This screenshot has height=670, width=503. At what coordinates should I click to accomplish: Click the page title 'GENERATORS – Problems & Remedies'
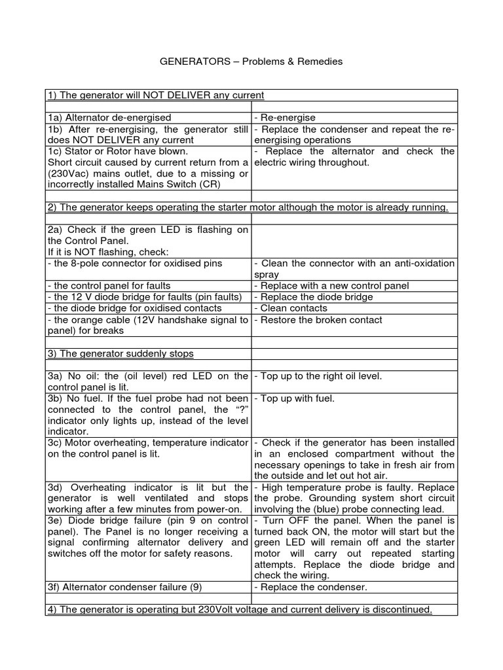(251, 62)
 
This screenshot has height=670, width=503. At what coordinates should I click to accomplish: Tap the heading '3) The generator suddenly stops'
(121, 353)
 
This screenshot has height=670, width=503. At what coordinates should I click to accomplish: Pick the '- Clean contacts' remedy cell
(290, 308)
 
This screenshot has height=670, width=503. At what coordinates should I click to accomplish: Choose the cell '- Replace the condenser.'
(310, 587)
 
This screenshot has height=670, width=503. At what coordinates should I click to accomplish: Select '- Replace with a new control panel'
(331, 286)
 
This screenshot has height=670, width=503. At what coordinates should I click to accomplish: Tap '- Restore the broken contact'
(318, 320)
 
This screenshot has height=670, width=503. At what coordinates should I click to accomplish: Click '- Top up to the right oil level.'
(318, 376)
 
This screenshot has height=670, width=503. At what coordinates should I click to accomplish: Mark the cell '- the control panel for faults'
(109, 286)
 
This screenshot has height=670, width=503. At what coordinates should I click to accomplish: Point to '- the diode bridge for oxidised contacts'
(134, 308)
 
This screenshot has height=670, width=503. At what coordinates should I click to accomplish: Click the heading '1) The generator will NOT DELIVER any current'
(156, 96)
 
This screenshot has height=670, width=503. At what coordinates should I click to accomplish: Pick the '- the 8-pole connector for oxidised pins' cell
(135, 263)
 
